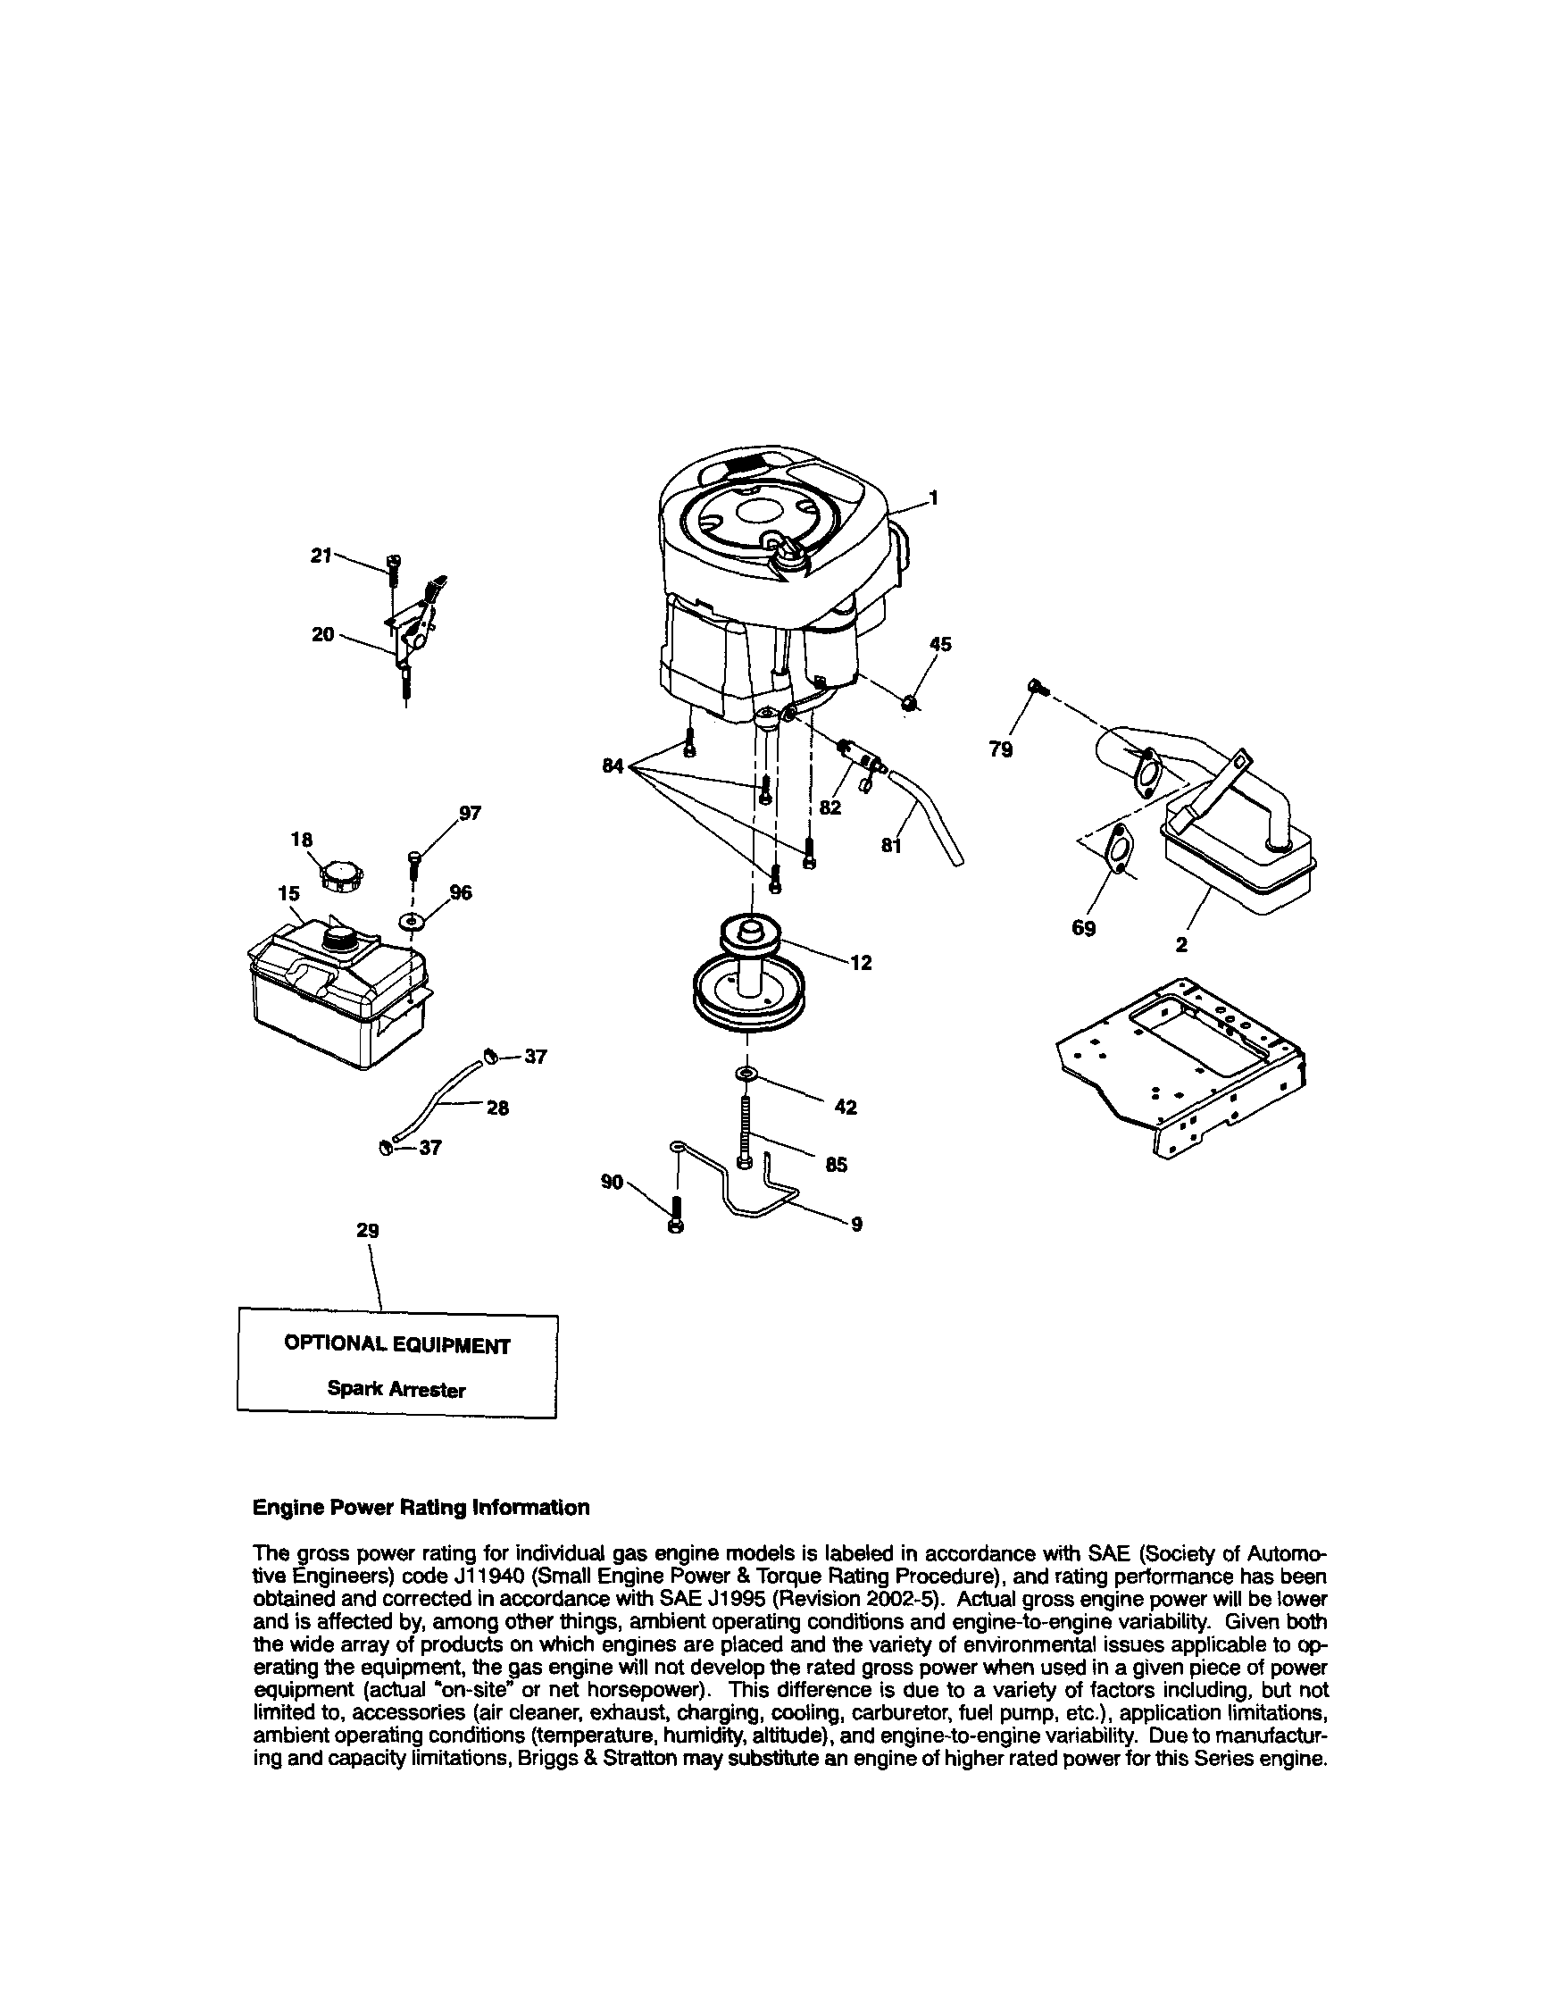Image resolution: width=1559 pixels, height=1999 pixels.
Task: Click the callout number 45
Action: click(939, 643)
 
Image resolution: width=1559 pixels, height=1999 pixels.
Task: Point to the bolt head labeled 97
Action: click(416, 857)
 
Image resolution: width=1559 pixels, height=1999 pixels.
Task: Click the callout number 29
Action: click(367, 1231)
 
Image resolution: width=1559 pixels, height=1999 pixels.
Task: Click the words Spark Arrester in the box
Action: click(396, 1390)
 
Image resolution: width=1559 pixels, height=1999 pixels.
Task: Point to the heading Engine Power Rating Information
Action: click(421, 1508)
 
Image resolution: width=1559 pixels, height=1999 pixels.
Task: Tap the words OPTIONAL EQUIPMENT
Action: click(397, 1344)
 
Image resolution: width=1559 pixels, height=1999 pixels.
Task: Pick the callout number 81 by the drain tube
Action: click(891, 847)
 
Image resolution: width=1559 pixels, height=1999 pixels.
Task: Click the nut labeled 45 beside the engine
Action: click(908, 702)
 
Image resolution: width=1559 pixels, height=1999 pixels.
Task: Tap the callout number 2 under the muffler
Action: click(1181, 946)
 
